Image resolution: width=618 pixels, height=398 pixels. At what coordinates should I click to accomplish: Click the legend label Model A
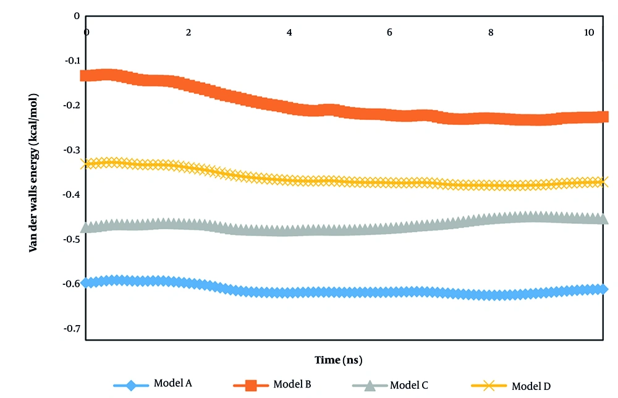pos(174,383)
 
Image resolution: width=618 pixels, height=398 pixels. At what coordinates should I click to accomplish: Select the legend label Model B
pos(292,384)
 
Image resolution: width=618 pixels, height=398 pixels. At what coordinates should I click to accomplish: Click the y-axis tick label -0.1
pos(73,61)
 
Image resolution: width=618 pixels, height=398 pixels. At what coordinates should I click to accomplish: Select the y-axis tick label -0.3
pos(73,150)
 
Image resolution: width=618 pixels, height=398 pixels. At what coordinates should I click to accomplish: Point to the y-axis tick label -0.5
pos(73,239)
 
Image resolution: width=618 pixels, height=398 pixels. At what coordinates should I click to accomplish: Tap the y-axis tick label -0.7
pos(73,328)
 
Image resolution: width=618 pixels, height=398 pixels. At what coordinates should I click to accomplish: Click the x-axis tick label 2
pos(188,32)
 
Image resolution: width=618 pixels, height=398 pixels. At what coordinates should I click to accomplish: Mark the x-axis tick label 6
pos(389,32)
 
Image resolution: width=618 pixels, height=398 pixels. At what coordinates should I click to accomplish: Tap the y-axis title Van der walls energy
pos(32,172)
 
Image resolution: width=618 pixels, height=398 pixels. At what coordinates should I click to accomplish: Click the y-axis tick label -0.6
pos(73,284)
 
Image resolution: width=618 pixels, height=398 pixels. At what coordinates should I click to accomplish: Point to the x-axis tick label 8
pos(491,32)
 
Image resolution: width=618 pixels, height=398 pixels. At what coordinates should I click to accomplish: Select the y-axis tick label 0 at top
pos(77,16)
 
